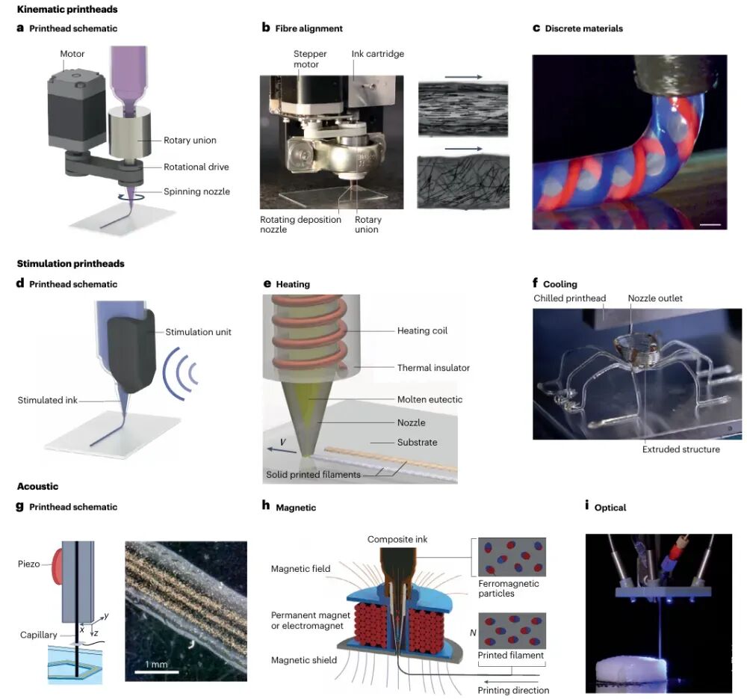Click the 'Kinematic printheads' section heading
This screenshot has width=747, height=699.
point(66,10)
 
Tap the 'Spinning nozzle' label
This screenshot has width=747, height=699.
point(197,191)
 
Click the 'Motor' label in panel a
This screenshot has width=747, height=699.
point(72,54)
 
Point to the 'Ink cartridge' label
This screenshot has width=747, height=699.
point(376,54)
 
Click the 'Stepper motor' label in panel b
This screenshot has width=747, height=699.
point(310,59)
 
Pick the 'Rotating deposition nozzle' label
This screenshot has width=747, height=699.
point(300,224)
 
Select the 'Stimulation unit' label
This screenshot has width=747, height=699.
point(199,331)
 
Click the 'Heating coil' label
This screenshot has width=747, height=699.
point(424,330)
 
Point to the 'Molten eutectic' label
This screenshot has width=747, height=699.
point(430,399)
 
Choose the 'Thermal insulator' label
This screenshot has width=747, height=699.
point(434,367)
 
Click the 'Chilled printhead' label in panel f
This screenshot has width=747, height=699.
point(569,298)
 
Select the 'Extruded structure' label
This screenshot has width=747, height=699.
point(681,449)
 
